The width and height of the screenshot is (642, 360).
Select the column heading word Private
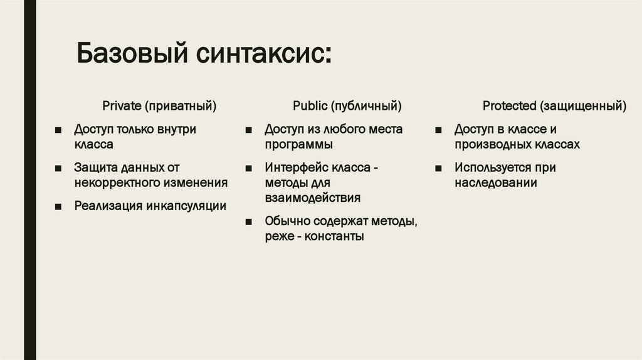click(123, 105)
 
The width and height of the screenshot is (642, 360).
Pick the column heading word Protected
click(509, 105)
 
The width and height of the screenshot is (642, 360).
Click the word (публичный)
click(366, 105)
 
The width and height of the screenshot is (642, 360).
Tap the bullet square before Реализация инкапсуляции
click(58, 206)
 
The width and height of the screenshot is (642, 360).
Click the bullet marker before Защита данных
click(58, 168)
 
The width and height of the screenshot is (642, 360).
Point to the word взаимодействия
click(312, 198)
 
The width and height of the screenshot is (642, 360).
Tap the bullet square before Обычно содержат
click(249, 222)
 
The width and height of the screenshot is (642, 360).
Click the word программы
click(298, 144)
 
